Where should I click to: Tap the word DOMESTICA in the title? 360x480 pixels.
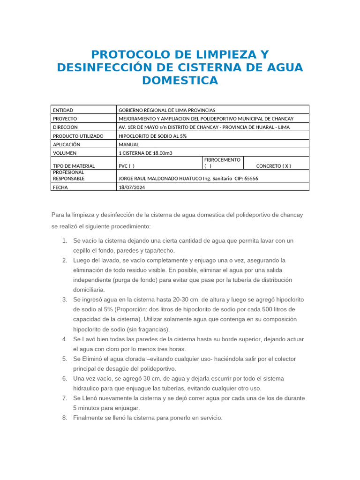tap(180, 80)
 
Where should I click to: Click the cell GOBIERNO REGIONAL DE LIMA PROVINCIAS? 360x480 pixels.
tap(167, 110)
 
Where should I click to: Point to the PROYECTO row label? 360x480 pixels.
tap(65, 119)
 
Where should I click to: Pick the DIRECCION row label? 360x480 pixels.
tap(65, 127)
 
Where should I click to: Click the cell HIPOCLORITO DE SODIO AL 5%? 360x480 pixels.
tap(153, 136)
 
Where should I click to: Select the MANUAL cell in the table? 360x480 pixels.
tap(129, 144)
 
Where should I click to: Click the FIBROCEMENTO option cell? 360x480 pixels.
tap(222, 163)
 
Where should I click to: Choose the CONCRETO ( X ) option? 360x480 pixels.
tap(274, 166)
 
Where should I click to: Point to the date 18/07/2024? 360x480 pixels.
tap(132, 187)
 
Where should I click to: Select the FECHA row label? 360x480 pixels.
tap(60, 187)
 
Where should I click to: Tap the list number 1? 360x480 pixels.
tap(64, 241)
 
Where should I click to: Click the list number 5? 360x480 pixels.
tap(64, 359)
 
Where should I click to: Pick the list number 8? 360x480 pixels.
tap(64, 418)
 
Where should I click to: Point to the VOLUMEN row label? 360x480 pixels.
tap(65, 153)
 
